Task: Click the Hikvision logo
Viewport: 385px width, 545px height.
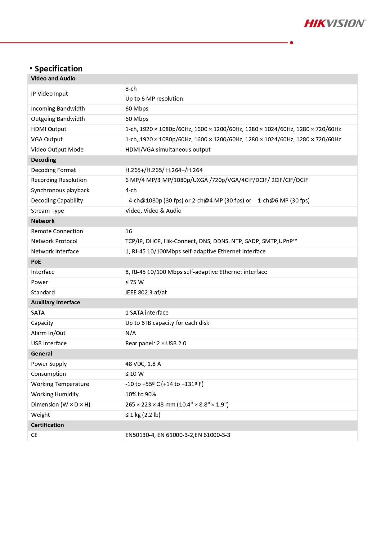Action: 335,24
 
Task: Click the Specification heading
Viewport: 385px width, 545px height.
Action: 58,69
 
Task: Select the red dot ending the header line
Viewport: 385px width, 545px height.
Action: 291,43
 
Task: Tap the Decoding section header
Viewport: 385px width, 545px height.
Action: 43,160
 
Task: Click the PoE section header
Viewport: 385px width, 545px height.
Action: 36,262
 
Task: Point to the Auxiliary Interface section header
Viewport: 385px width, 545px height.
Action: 56,302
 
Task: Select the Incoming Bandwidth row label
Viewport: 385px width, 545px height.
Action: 58,109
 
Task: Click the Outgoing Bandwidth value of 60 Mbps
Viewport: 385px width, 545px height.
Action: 137,119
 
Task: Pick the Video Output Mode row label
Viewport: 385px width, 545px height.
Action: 57,150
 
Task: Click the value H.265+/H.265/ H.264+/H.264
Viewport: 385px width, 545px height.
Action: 164,170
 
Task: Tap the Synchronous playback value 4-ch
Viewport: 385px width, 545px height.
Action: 131,190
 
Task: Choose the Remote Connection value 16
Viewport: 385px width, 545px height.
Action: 129,231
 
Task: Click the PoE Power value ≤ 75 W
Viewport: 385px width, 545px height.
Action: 134,282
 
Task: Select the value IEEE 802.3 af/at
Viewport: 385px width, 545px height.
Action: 146,293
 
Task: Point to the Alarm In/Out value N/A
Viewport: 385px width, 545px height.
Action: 131,333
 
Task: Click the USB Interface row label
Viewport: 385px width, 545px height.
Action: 49,343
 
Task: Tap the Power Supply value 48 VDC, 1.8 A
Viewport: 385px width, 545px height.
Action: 143,364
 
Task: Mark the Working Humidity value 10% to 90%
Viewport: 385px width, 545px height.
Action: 141,394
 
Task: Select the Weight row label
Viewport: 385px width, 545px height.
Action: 40,415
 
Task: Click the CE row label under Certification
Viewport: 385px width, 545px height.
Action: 34,435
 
